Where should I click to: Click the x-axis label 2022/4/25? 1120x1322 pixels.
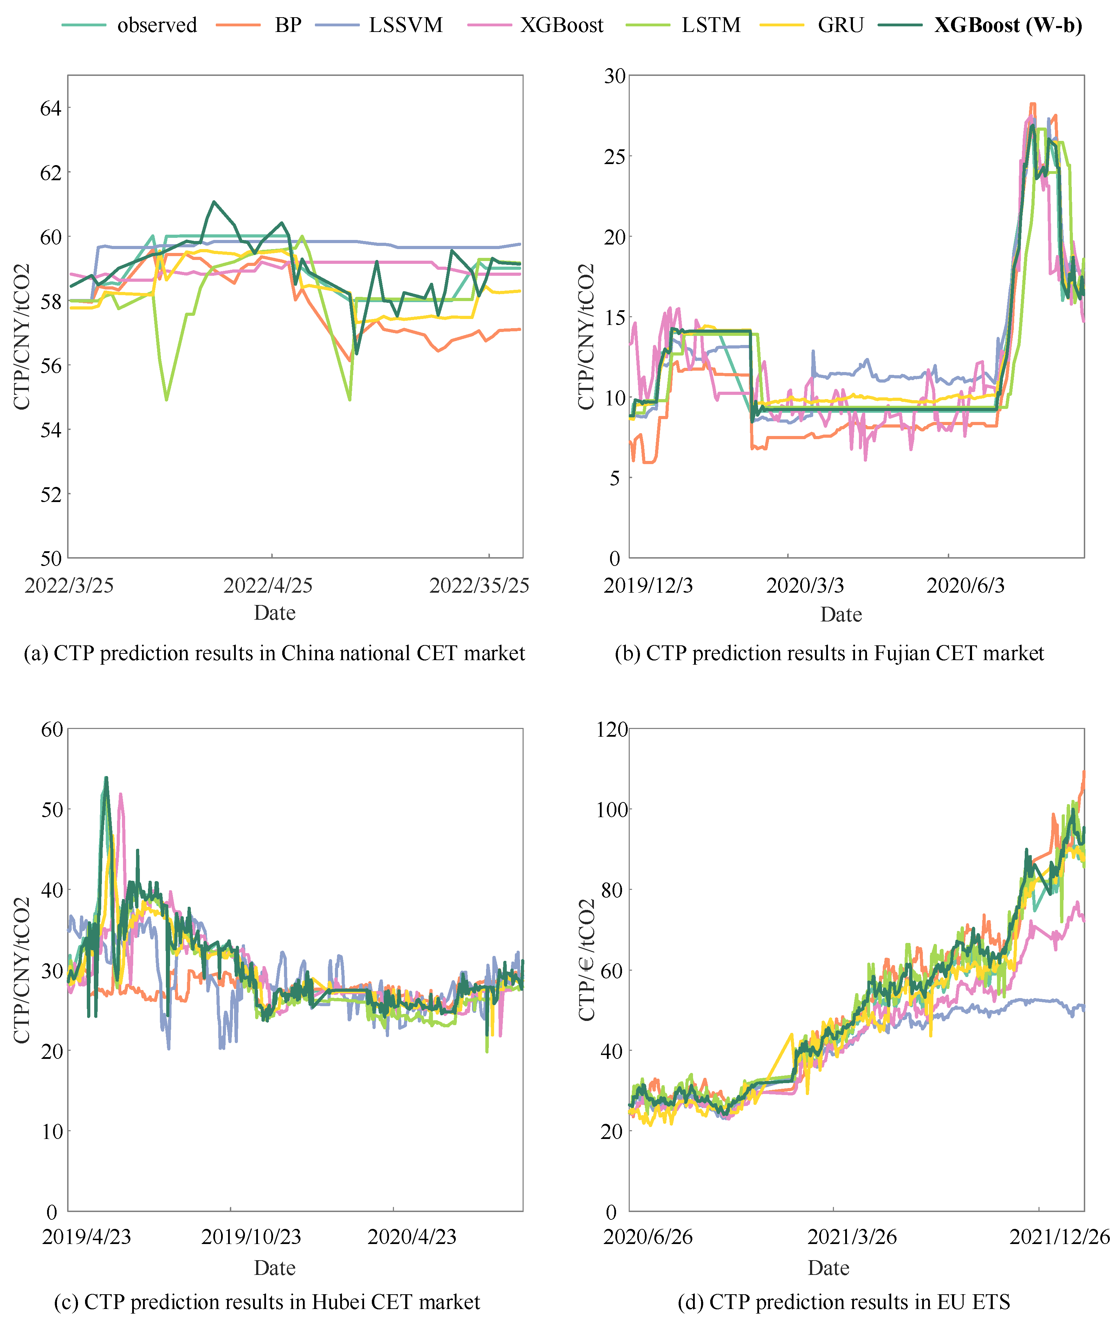click(x=268, y=585)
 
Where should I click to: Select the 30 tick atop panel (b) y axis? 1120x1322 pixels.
click(x=615, y=76)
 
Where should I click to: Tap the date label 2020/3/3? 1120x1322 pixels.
click(x=804, y=585)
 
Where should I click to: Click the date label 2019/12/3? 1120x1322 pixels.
click(x=648, y=585)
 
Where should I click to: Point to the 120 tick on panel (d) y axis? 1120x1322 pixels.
click(x=611, y=729)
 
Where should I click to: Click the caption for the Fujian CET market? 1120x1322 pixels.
click(x=829, y=653)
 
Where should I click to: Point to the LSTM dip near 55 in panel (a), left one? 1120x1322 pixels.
click(x=166, y=399)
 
